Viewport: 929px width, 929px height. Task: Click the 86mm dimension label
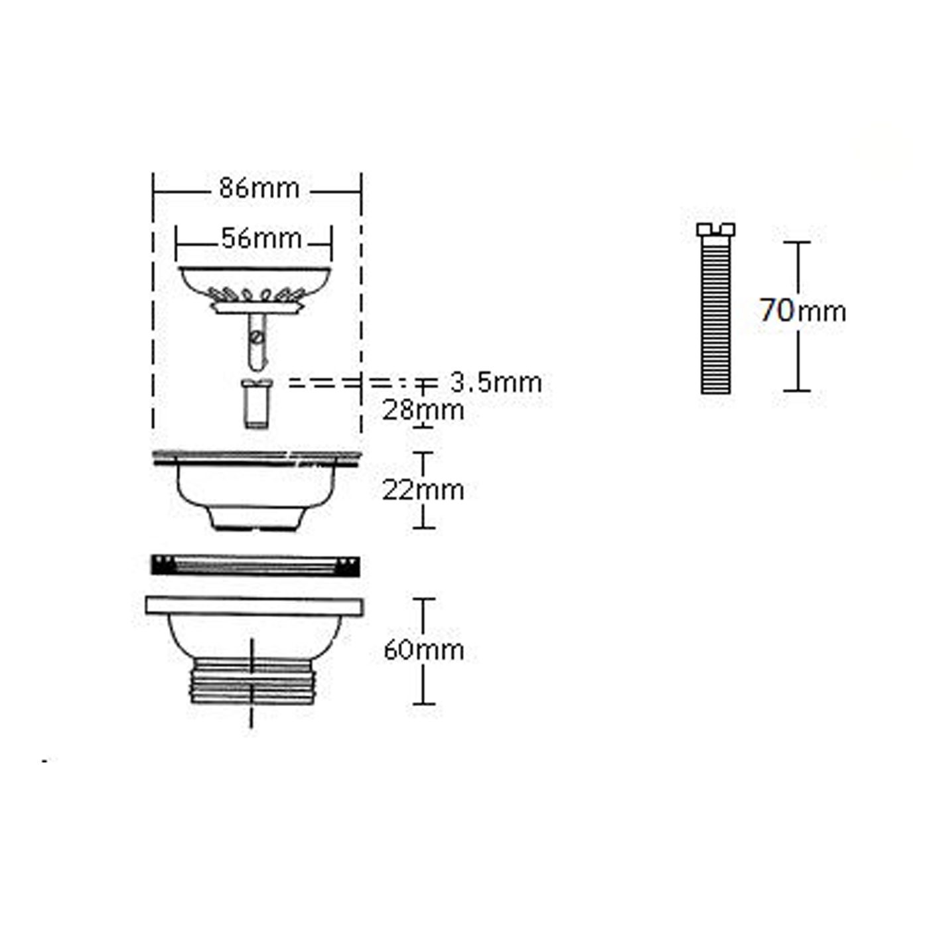[x=259, y=188]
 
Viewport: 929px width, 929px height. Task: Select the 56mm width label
[x=261, y=239]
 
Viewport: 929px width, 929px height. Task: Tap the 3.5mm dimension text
[x=496, y=383]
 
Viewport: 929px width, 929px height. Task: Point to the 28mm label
[x=423, y=410]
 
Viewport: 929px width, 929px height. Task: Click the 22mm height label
[x=423, y=490]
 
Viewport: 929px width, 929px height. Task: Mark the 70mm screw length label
[x=803, y=311]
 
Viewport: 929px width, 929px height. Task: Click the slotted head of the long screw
[x=715, y=230]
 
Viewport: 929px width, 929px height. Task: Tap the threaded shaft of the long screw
[x=715, y=315]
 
